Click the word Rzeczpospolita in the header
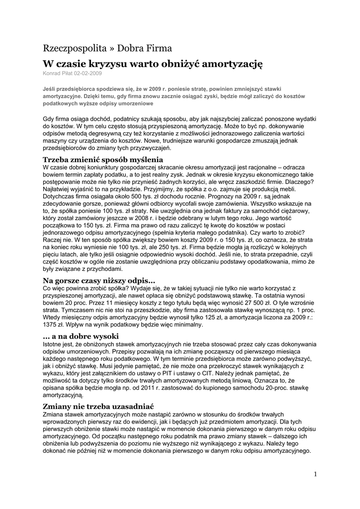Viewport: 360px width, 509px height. (74, 48)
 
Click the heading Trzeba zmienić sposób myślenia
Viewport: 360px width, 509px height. (103, 160)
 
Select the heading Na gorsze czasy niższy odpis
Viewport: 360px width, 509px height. (99, 280)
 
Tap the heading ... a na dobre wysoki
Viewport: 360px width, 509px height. (81, 336)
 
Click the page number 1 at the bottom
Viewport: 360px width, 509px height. (315, 474)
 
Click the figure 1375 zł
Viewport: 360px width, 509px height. (56, 325)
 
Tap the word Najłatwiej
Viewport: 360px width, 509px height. (60, 190)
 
